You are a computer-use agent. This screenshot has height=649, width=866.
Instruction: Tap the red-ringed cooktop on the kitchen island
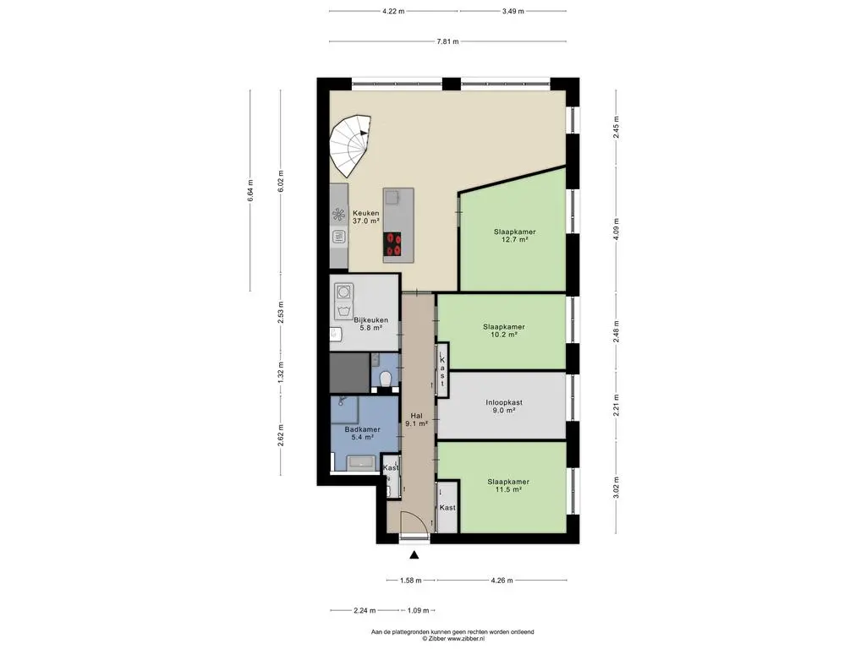[x=394, y=244]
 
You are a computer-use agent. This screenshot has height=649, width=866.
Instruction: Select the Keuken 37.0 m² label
[x=366, y=217]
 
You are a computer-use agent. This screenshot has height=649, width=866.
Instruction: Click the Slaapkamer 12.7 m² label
[x=515, y=236]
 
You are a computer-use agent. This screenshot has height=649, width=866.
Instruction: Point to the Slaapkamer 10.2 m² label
[x=504, y=330]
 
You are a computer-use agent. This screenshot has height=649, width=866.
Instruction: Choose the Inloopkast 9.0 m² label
[x=504, y=406]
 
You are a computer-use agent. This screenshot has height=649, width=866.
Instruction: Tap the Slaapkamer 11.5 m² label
[x=508, y=486]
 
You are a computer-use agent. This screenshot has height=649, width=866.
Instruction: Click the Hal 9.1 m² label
[x=416, y=420]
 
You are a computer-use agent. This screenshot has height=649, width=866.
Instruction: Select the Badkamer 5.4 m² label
[x=362, y=434]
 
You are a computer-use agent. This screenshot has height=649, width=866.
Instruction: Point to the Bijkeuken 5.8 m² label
[x=370, y=324]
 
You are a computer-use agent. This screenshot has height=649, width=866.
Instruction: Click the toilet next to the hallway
[x=386, y=379]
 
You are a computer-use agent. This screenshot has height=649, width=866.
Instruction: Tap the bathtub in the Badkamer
[x=361, y=462]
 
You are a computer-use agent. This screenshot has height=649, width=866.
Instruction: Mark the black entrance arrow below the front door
[x=414, y=555]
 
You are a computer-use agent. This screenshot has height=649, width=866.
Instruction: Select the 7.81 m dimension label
[x=447, y=41]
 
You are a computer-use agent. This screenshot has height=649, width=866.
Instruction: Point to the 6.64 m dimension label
[x=250, y=190]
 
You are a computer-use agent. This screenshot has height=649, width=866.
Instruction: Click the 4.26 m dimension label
[x=502, y=580]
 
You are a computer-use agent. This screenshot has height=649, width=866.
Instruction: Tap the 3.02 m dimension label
[x=617, y=488]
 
